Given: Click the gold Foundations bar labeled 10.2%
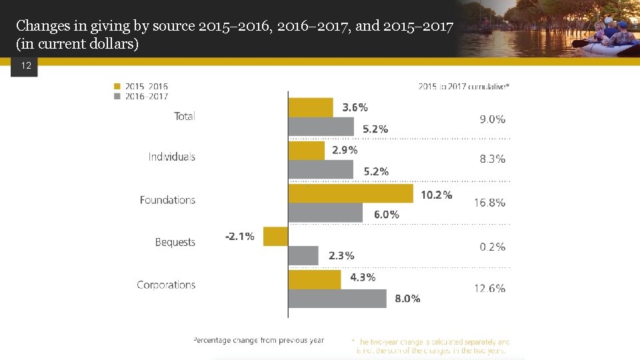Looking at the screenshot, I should click(351, 193).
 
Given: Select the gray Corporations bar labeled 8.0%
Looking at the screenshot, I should click(337, 298).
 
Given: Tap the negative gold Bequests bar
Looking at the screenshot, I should click(276, 236).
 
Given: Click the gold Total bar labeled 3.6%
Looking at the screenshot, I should click(311, 107).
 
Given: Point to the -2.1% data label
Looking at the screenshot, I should click(240, 237).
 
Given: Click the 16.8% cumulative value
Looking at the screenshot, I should click(490, 203).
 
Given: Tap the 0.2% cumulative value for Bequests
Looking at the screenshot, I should click(493, 247).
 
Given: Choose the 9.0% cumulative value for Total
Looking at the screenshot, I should click(493, 119).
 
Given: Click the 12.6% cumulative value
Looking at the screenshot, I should click(490, 289).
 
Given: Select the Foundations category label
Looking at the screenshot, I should click(167, 200).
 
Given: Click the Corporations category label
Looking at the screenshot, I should click(166, 285).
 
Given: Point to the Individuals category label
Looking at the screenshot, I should click(172, 157).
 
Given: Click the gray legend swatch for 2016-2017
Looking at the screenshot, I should click(117, 96).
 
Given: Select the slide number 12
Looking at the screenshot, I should click(26, 66).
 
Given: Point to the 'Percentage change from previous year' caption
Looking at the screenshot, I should click(259, 340).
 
